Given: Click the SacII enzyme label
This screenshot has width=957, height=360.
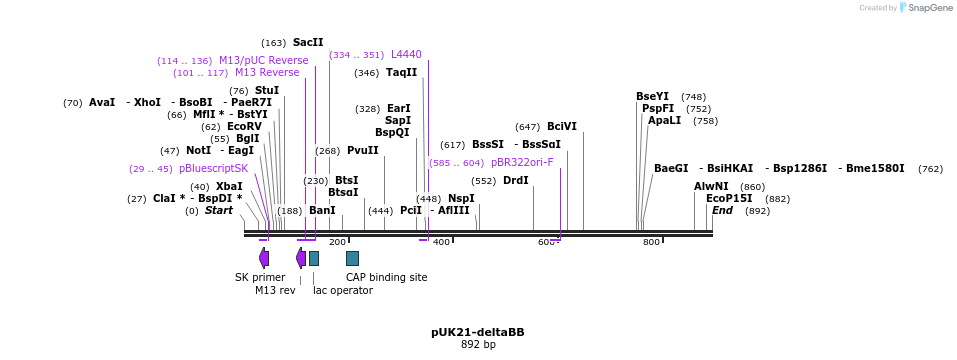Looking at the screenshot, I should (308, 43).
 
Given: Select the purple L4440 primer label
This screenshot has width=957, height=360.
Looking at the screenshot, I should (406, 54).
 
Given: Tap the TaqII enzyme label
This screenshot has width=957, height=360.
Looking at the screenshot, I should (401, 73).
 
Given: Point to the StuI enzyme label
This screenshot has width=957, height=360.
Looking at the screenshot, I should (267, 90).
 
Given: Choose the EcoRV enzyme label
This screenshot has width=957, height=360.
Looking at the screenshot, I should (244, 127).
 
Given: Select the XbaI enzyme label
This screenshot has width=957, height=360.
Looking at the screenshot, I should (229, 187).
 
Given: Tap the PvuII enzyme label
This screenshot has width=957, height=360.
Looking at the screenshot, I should (363, 151).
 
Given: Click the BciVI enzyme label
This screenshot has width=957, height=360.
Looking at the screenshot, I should (561, 127).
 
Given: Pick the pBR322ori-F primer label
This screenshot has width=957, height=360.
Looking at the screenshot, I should (522, 162).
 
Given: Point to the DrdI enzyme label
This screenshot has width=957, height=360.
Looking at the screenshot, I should (515, 181).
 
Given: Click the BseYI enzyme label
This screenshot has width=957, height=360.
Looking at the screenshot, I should (652, 97).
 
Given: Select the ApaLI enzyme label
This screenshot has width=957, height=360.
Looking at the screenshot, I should (664, 120).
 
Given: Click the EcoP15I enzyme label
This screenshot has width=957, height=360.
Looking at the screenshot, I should (729, 199).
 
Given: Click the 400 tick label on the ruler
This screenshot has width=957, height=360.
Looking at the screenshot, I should (441, 243).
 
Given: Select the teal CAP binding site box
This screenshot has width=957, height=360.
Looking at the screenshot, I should (352, 258).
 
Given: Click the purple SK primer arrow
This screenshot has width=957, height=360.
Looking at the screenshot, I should (264, 258).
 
